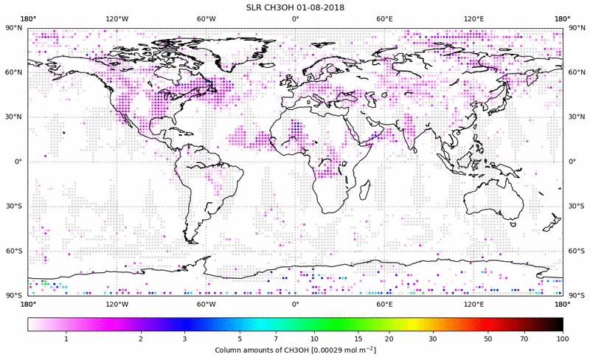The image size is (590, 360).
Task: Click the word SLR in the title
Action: click(255, 7)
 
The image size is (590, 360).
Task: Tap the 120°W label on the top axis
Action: click(117, 19)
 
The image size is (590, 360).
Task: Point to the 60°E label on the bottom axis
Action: click(384, 304)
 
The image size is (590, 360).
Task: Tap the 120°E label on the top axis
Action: click(473, 19)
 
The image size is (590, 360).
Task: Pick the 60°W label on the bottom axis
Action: click(206, 304)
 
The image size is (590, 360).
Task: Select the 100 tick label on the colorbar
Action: click(563, 339)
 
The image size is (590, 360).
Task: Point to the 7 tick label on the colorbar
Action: click(275, 339)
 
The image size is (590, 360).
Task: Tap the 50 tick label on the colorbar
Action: click(488, 339)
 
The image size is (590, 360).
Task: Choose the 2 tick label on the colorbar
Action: click(140, 339)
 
